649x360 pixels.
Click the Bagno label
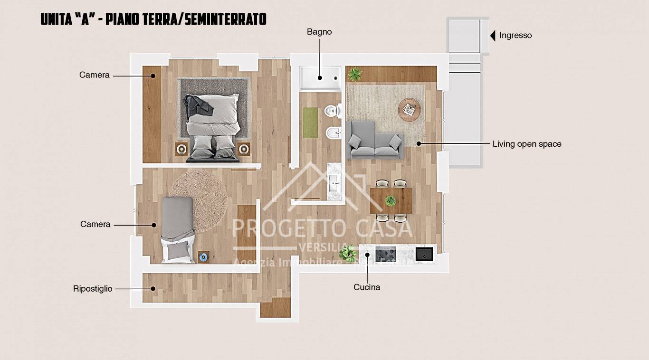click(x=319, y=32)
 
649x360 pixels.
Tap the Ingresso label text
click(x=515, y=35)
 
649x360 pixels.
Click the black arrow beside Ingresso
click(x=493, y=35)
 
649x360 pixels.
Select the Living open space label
click(x=527, y=144)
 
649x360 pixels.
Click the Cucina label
click(x=367, y=287)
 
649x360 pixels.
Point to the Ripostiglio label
click(x=93, y=289)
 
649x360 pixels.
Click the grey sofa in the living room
click(x=374, y=140)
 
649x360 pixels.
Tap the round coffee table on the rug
click(x=409, y=110)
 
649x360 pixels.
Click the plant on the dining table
click(x=391, y=200)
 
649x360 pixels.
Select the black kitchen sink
click(x=424, y=254)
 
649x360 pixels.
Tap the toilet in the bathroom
click(x=332, y=111)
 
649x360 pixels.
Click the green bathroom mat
click(x=310, y=123)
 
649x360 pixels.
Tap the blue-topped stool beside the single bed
click(x=203, y=257)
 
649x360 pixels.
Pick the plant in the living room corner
click(x=354, y=74)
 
